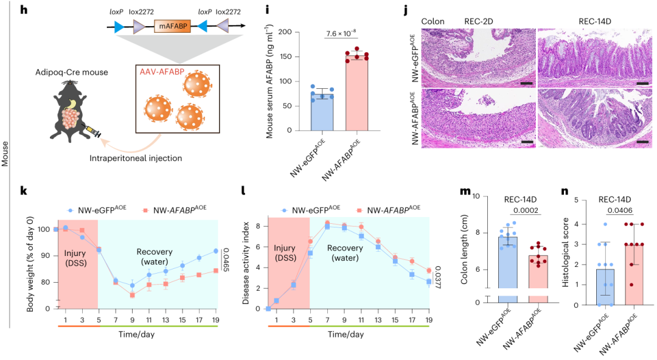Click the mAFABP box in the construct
pos(173,26)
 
